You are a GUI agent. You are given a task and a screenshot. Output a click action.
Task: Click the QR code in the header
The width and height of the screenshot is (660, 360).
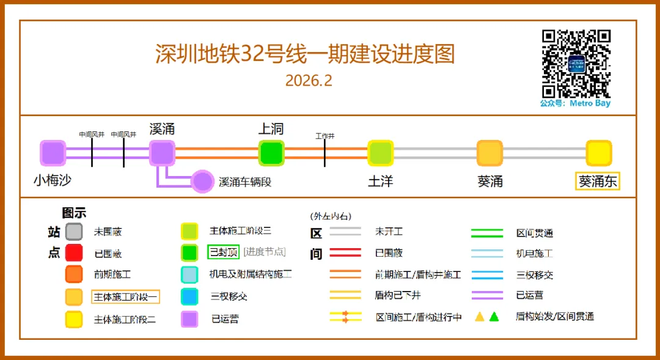point(576,63)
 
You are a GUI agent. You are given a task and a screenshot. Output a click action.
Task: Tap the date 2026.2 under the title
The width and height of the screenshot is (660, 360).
point(309,81)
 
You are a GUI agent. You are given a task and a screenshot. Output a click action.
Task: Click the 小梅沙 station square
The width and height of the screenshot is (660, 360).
point(53,153)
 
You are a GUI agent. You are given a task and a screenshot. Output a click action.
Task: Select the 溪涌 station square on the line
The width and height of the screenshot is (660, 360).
point(162,153)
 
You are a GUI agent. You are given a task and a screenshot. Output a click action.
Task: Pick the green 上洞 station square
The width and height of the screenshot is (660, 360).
point(271,153)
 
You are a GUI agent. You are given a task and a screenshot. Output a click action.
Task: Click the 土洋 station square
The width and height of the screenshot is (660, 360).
point(380,153)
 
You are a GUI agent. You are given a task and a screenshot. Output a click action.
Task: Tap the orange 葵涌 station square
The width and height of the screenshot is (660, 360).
point(490,153)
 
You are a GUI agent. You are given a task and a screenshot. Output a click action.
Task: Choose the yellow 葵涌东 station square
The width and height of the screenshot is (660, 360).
point(599,153)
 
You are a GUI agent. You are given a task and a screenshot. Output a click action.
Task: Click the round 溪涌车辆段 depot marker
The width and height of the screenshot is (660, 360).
point(202,182)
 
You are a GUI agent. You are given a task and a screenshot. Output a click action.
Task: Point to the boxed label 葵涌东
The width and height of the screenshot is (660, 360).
point(598,182)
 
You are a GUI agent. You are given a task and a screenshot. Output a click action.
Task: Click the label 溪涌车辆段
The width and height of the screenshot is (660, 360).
point(245,182)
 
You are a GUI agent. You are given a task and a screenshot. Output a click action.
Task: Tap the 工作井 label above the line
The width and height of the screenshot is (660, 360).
point(324,136)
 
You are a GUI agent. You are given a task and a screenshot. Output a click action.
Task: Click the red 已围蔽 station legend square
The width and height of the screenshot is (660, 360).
point(74,252)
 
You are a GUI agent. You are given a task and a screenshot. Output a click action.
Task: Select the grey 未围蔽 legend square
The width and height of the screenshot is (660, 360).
point(74,232)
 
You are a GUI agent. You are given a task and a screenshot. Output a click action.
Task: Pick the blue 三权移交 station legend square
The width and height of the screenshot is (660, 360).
point(189,297)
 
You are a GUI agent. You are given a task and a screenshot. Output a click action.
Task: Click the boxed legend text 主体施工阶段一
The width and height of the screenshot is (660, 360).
point(125,297)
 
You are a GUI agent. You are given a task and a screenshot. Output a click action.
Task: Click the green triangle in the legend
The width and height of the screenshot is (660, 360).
point(494,317)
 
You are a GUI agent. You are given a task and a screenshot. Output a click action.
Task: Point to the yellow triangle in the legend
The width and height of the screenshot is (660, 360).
point(480,317)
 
